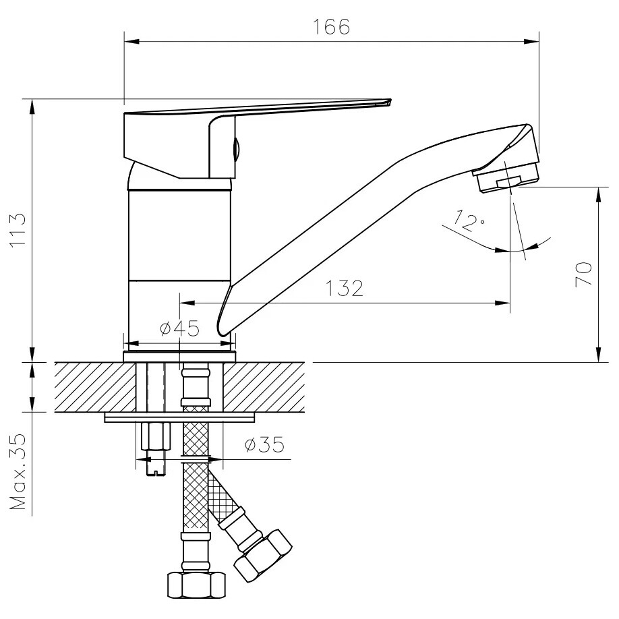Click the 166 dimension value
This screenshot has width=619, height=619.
point(331,27)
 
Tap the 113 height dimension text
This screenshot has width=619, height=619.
point(18,230)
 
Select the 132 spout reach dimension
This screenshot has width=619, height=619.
point(345,288)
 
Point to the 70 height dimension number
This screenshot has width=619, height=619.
point(584,274)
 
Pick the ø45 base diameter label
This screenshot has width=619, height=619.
point(180,328)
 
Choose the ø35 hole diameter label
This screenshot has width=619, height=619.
point(264,445)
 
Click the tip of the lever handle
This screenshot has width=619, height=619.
point(390,101)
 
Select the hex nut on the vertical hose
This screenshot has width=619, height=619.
point(196,585)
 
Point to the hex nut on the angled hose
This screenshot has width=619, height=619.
point(263,555)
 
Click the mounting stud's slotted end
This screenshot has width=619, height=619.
point(156,471)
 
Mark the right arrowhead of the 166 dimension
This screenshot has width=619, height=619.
point(532,41)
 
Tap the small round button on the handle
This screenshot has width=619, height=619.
point(236,148)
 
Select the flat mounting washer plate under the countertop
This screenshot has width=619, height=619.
point(179,417)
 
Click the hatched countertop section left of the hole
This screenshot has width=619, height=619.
point(95,387)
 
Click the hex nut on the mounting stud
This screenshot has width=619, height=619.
point(156,436)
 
